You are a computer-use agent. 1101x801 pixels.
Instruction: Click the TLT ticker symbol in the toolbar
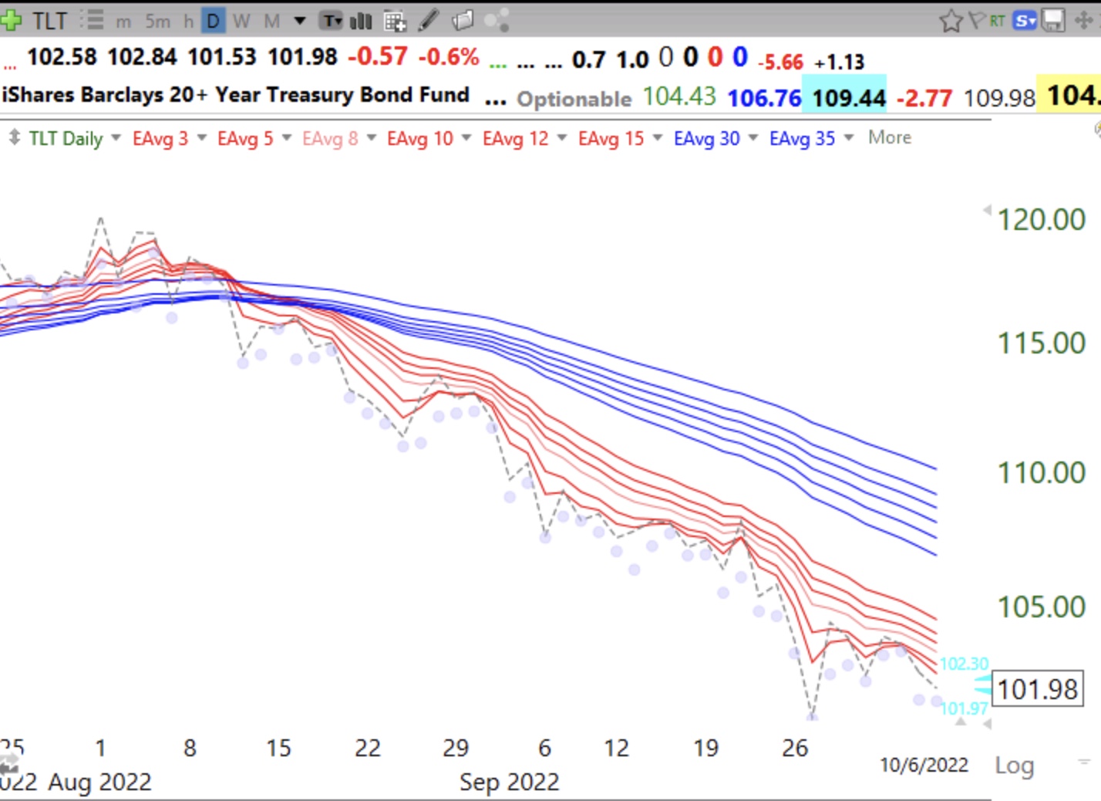[x=49, y=21]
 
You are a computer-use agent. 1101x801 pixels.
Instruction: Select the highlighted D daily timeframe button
[x=213, y=21]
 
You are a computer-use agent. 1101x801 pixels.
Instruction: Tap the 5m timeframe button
[x=157, y=21]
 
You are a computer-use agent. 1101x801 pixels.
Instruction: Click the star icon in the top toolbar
[x=951, y=21]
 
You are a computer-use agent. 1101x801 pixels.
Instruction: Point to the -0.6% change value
[x=449, y=56]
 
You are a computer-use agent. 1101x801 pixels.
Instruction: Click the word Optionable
[x=574, y=99]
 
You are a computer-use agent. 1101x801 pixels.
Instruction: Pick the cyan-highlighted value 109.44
[x=848, y=98]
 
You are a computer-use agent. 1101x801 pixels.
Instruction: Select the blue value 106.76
[x=764, y=98]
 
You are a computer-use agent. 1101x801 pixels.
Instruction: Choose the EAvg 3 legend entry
[x=160, y=139]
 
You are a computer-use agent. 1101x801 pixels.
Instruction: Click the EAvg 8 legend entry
[x=330, y=139]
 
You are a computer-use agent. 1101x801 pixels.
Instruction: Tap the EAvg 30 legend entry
[x=706, y=139]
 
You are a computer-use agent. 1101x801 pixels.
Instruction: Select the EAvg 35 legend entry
[x=802, y=139]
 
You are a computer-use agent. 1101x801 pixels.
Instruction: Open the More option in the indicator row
[x=889, y=137]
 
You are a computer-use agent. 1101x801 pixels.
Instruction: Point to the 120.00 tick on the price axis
[x=1041, y=220]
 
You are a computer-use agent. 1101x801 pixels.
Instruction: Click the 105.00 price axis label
[x=1041, y=607]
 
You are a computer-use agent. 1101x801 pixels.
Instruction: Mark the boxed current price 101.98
[x=1037, y=688]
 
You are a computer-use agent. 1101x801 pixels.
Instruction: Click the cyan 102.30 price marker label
[x=963, y=664]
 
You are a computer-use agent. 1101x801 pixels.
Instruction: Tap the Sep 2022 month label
[x=509, y=782]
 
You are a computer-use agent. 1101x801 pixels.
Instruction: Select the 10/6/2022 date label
[x=924, y=765]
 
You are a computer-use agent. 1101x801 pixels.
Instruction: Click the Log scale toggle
[x=1014, y=766]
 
